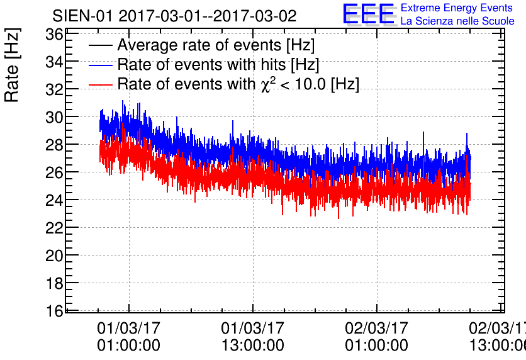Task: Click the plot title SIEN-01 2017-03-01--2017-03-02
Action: click(174, 16)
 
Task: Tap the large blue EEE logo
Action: click(369, 14)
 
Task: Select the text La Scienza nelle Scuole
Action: click(457, 21)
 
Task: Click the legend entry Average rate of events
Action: click(216, 45)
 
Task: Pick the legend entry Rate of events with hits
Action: click(218, 64)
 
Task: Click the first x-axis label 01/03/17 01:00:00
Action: click(129, 337)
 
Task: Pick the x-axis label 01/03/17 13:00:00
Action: click(252, 337)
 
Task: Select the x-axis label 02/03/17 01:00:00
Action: click(376, 337)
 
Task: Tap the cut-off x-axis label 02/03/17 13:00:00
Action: click(497, 337)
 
